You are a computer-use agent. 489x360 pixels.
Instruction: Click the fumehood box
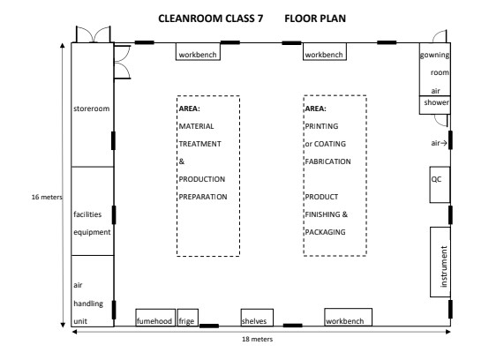pos(155,318)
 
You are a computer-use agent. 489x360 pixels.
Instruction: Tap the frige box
pos(188,318)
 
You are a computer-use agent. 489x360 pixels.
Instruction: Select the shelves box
pos(257,318)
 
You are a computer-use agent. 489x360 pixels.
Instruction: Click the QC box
pos(440,184)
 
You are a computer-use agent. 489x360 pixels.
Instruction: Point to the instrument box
pos(440,262)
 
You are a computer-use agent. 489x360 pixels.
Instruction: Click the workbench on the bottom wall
pos(348,318)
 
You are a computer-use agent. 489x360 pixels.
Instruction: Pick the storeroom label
pos(92,109)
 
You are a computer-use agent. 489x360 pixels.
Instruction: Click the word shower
pos(436,102)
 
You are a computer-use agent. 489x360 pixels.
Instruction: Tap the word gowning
pos(434,56)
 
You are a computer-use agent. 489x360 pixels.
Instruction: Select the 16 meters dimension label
pos(47,197)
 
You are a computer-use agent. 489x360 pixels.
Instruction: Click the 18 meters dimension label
pos(257,339)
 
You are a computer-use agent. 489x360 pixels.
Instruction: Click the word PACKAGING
pos(326,232)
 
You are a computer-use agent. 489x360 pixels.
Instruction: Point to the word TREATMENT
pos(199,144)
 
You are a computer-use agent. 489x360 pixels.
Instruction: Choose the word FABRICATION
pos(327,161)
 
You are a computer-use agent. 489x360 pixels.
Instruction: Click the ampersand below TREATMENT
pos(182,161)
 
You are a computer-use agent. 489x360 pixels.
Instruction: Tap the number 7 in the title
pos(260,19)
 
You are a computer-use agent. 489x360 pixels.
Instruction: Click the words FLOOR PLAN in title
pos(315,19)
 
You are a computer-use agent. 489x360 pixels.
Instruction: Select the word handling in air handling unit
pos(88,304)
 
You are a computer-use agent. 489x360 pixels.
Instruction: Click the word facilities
pos(87,214)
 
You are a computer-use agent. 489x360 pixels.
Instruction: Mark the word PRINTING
pos(321,126)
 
